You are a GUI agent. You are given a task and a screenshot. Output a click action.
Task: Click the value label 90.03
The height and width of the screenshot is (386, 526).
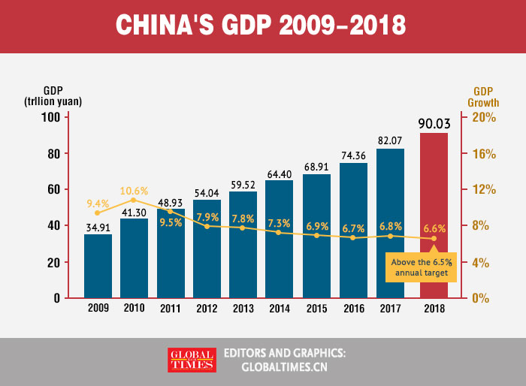coord(434,123)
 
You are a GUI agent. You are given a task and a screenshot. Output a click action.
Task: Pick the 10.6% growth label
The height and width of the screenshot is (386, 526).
coord(135,190)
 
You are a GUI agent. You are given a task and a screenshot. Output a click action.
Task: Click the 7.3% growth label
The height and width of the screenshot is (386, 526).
coord(279,223)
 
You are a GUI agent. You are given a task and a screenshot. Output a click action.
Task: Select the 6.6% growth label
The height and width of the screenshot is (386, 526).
coord(434,228)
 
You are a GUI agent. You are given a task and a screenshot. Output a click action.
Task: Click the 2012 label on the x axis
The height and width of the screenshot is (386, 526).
coord(207,308)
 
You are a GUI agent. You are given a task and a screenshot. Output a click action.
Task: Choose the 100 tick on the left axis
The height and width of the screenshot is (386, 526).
coord(50,117)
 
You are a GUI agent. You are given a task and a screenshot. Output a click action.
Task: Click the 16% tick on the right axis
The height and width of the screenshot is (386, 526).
coord(484,153)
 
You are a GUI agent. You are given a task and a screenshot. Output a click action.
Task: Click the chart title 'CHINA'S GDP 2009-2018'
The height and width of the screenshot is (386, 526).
coord(262,26)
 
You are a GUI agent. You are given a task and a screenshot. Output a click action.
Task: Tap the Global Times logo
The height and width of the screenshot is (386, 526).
coord(191,360)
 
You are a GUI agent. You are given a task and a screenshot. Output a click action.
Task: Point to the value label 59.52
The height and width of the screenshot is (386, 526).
coord(243,183)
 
